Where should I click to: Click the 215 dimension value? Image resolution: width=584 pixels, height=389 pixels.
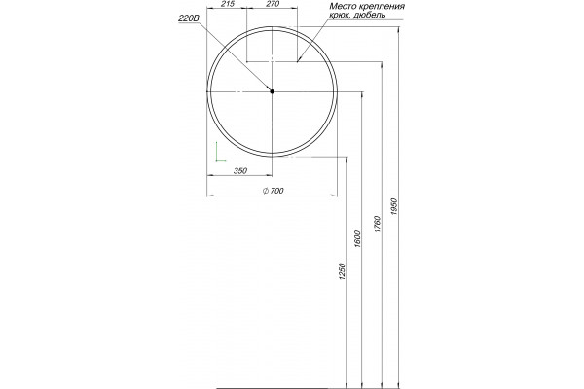pyautogui.click(x=227, y=4)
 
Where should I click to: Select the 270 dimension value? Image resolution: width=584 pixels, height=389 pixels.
pyautogui.click(x=273, y=4)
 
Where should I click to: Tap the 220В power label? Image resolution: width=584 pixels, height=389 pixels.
pyautogui.click(x=189, y=18)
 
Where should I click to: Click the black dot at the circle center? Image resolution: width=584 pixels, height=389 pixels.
pyautogui.click(x=272, y=91)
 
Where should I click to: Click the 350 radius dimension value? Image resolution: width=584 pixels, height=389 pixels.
pyautogui.click(x=239, y=171)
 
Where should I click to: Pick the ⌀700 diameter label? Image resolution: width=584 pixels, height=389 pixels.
pyautogui.click(x=274, y=191)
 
